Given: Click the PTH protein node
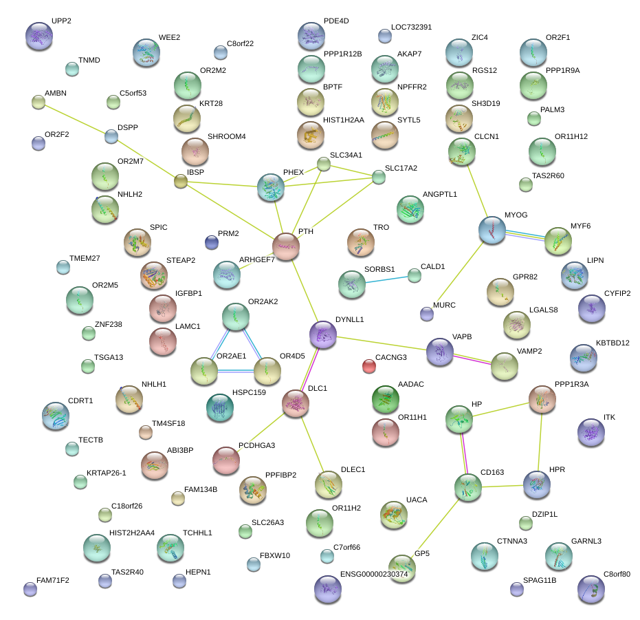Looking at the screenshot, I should point(286,246).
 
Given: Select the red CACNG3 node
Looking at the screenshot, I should point(369,366).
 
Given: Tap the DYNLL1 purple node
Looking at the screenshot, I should point(322,334).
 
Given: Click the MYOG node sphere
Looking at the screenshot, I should point(492,231).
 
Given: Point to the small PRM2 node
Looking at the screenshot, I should point(212,242).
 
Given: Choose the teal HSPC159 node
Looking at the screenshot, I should point(219,408).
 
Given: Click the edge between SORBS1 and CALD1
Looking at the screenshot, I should point(383,279).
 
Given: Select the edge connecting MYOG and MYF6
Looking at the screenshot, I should point(526,236).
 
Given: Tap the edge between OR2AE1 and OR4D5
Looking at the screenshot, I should point(236,372).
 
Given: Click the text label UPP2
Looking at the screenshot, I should point(61,21).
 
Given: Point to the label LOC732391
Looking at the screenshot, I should point(411,28).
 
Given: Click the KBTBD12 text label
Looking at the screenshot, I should point(613,343).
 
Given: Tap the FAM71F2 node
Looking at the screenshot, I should point(30,588).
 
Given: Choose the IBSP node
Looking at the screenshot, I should point(181,181).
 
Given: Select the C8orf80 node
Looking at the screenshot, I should point(591,589).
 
